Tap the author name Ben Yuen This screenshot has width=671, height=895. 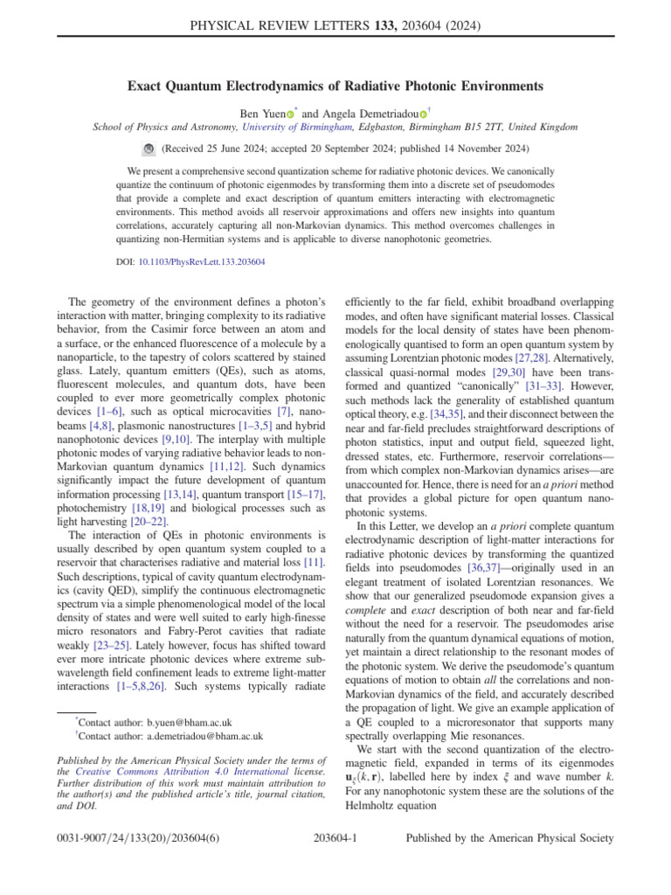click(261, 114)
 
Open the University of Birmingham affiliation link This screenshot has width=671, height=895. click(282, 128)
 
